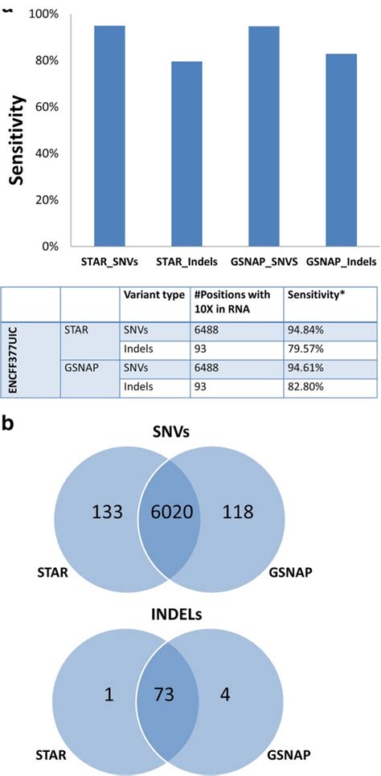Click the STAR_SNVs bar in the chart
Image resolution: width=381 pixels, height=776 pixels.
click(109, 137)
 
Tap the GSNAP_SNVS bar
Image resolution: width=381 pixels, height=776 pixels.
click(264, 137)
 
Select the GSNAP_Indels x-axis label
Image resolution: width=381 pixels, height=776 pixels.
click(341, 262)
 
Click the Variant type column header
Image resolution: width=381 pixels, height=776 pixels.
click(153, 293)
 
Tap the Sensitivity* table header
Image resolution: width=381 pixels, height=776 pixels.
click(314, 293)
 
